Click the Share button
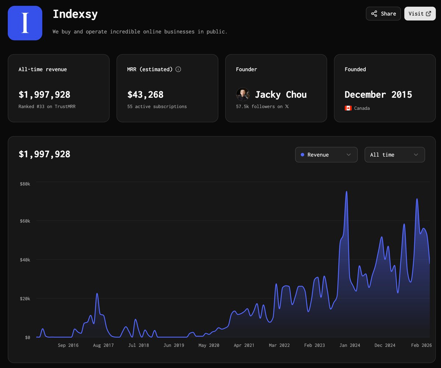tap(383, 14)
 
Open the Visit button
tap(420, 14)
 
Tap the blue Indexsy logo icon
tap(25, 23)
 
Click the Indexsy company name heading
tap(75, 14)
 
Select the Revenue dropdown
tap(326, 155)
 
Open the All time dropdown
tap(394, 155)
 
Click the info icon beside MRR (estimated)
tap(178, 69)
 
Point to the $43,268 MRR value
tap(145, 95)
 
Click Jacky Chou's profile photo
tap(243, 95)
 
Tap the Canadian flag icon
tap(348, 108)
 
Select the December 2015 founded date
tap(378, 95)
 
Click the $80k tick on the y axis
tap(25, 184)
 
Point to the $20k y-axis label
tap(25, 299)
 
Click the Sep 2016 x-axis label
tap(68, 345)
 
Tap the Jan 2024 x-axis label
tap(349, 345)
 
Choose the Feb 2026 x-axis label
tap(421, 345)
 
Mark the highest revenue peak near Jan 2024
tap(346, 192)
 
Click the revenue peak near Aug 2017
tap(97, 294)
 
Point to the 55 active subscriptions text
tap(157, 107)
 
